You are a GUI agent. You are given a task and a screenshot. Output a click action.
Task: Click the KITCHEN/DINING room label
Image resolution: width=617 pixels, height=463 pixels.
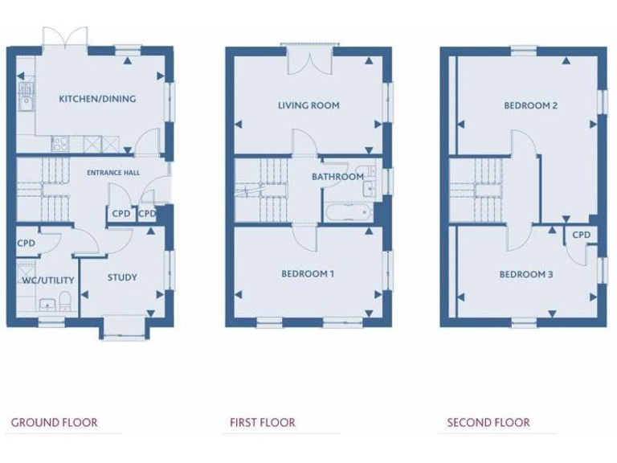97,99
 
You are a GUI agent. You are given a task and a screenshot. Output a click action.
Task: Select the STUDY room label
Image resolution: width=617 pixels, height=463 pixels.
122,277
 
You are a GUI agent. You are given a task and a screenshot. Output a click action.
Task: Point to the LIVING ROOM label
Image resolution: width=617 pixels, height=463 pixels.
308,105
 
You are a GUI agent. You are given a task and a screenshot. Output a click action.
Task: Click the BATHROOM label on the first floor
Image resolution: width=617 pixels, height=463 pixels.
337,177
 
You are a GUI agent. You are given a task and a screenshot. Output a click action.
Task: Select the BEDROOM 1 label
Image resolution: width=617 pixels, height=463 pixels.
308,274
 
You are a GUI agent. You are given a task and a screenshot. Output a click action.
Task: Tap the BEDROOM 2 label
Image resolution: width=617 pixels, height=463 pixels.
531,105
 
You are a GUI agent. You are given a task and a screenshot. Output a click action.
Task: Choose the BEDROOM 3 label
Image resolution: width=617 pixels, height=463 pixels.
526,274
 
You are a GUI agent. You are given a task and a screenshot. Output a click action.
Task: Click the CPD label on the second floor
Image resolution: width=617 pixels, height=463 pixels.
582,235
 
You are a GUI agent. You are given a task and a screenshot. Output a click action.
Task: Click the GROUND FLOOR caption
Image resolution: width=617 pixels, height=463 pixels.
55,422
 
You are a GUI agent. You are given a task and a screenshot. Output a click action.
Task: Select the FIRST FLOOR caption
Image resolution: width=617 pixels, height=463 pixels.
263,422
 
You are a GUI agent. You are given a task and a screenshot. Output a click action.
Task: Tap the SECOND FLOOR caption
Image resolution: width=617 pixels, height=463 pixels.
488,422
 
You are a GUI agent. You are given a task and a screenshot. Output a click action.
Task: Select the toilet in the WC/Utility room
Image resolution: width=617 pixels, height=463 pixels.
66,302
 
